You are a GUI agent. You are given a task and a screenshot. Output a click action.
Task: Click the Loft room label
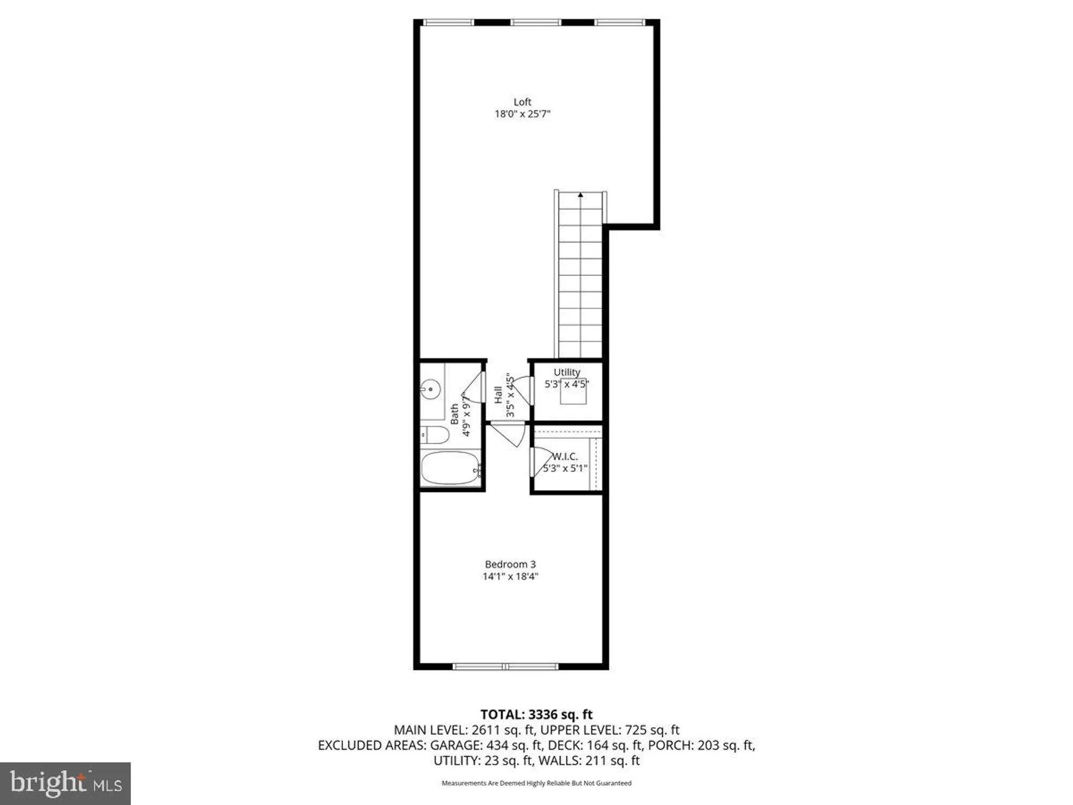(x=522, y=102)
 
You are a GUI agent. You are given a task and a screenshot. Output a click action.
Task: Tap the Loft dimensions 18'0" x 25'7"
(x=522, y=114)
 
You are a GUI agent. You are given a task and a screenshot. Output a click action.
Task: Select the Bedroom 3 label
(x=510, y=565)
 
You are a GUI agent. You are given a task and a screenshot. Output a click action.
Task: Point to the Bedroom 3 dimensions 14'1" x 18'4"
(x=510, y=576)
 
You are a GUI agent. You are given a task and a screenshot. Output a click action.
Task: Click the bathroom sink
(x=430, y=388)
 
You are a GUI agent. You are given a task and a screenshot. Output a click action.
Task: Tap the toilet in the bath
(x=435, y=435)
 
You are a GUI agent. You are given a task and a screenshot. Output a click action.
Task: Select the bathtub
(x=450, y=468)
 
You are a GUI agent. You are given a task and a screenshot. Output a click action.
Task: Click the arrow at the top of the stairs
(x=580, y=195)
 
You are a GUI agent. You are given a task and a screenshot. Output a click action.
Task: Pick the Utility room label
(x=567, y=372)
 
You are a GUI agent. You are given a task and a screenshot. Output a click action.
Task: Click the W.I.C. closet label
(x=565, y=457)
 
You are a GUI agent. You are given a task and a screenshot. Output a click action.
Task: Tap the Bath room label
(x=455, y=414)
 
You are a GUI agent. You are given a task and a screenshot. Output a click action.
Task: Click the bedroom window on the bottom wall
(x=505, y=667)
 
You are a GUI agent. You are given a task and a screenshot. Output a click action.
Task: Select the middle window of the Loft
(x=535, y=23)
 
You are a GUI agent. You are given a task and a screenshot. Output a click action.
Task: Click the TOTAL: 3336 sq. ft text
(x=536, y=714)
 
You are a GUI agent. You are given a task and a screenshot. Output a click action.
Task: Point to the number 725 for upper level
(x=635, y=730)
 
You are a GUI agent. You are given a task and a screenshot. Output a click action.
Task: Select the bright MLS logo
(x=65, y=783)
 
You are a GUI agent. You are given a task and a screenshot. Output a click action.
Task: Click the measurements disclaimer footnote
(x=536, y=783)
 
